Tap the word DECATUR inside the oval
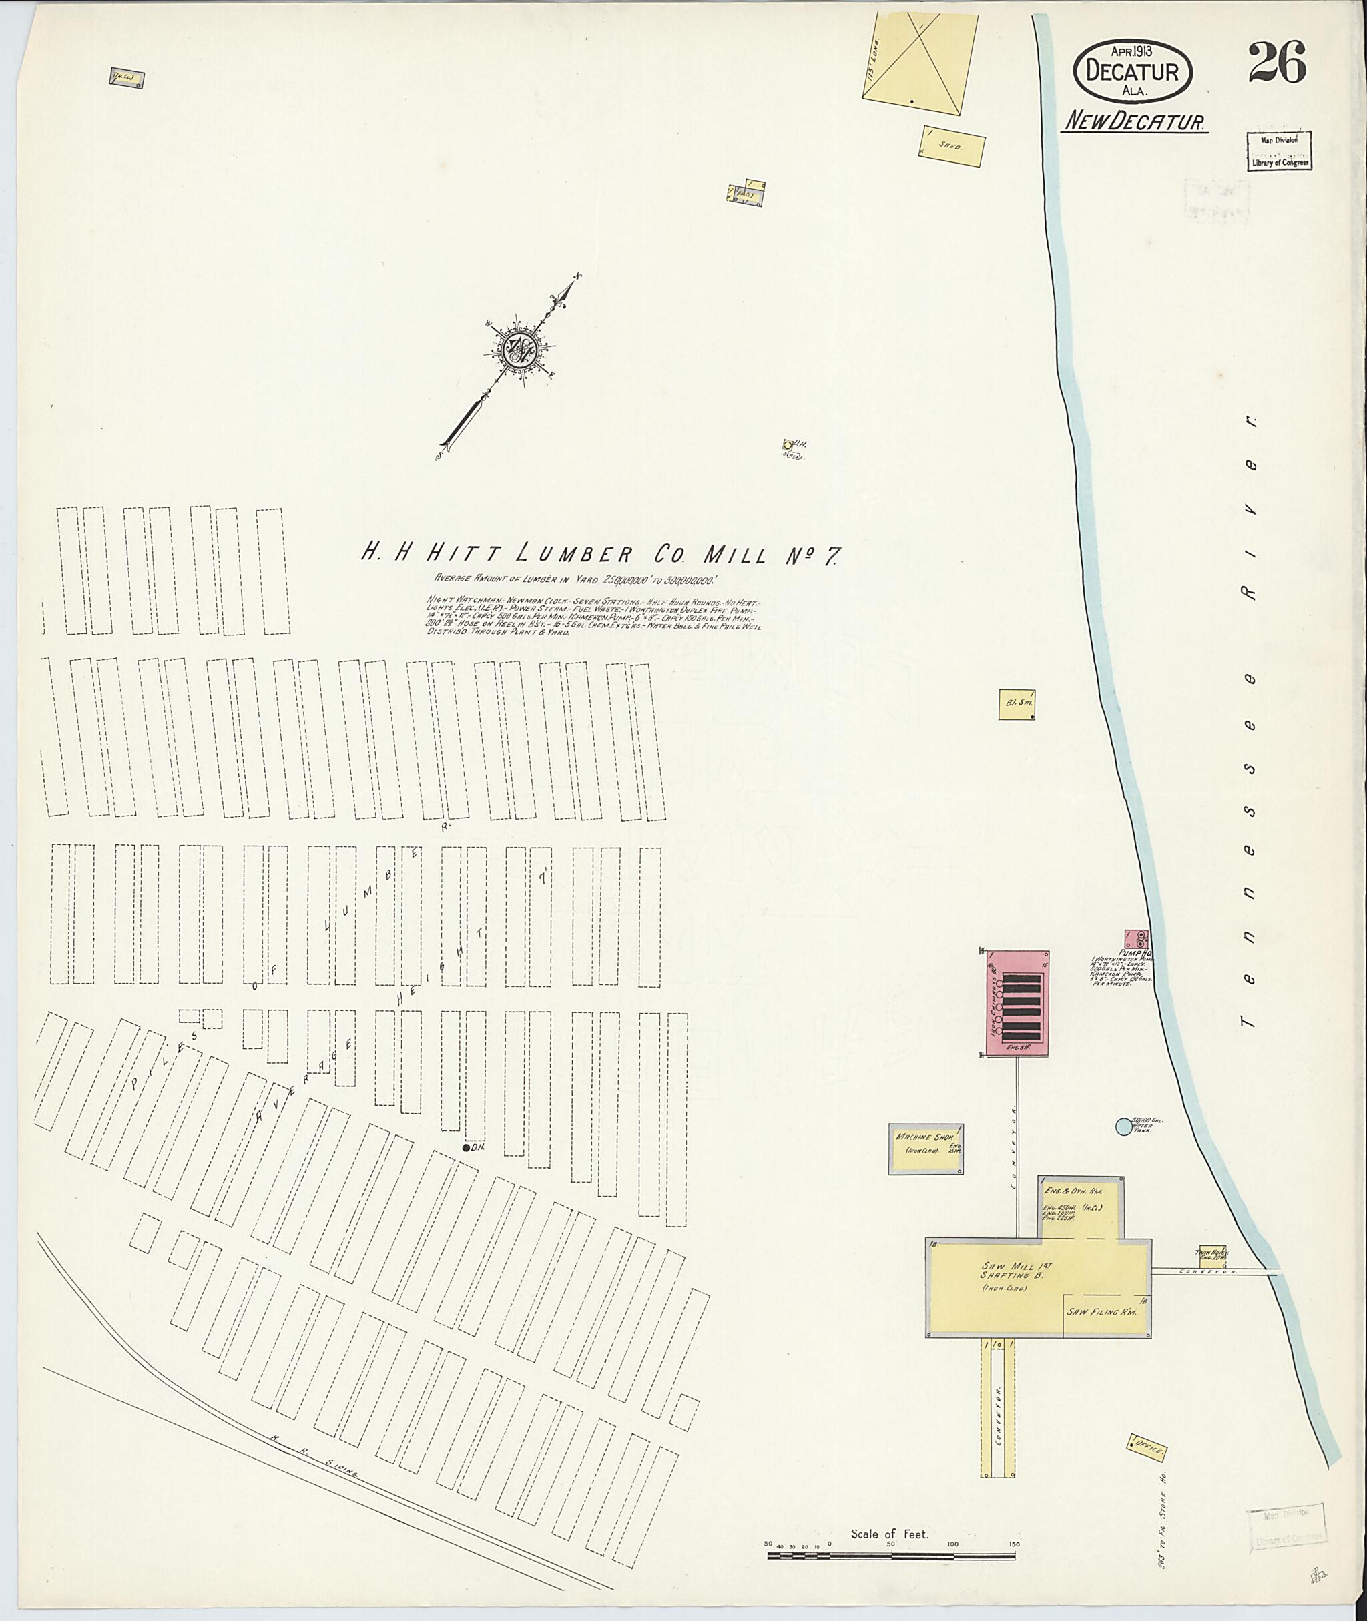pos(1132,72)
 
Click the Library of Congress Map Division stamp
pos(1280,151)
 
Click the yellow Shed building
pos(952,145)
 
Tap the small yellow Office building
pos(1149,1446)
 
